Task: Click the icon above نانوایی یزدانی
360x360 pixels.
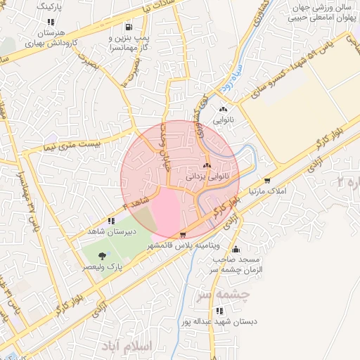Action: [207, 167]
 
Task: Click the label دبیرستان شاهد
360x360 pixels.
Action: [110, 231]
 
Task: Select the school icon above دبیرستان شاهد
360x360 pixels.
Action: [111, 220]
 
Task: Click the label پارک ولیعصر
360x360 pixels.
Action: [103, 267]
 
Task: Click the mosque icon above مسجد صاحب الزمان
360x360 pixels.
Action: [236, 249]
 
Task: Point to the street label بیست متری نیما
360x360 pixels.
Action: [62, 146]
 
